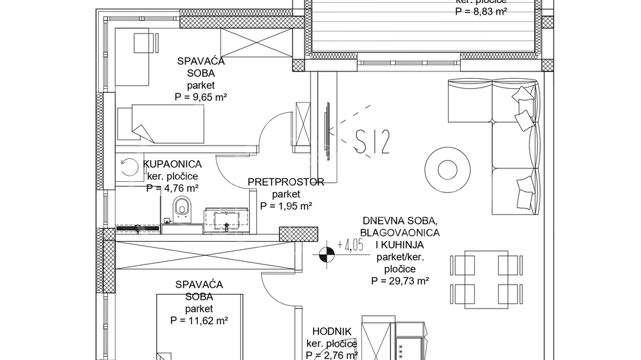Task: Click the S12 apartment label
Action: coord(372,142)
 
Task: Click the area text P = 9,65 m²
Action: coord(200,97)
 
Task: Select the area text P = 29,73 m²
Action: coord(400,281)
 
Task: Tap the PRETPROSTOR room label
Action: coord(286,182)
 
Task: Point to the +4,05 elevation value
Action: coord(351,244)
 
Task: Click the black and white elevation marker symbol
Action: coord(326,254)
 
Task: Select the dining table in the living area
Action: coord(485,279)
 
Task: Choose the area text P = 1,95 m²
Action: coord(286,206)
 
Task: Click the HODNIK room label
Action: coord(332,331)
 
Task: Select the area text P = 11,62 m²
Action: coord(199,321)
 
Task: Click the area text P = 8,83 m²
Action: coord(481,11)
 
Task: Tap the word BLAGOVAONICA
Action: coord(399,232)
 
